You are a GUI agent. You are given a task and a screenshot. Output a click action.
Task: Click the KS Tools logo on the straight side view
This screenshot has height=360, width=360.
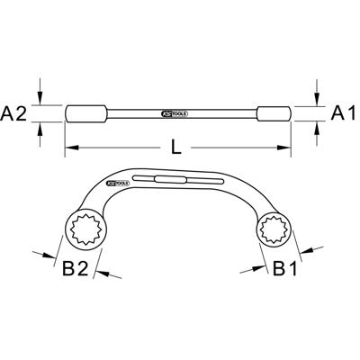176,115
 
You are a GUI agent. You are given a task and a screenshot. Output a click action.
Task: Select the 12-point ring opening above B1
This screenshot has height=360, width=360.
274,233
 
